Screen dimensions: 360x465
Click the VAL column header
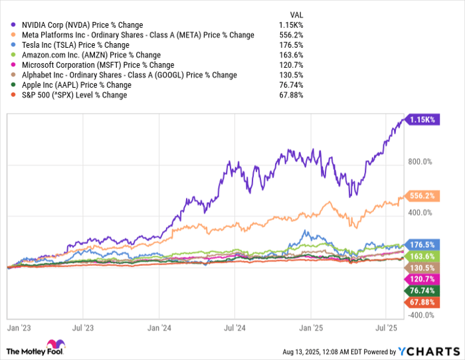click(x=298, y=15)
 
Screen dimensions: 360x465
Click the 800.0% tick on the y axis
click(x=420, y=161)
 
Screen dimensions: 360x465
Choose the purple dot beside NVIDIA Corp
click(x=6, y=25)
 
